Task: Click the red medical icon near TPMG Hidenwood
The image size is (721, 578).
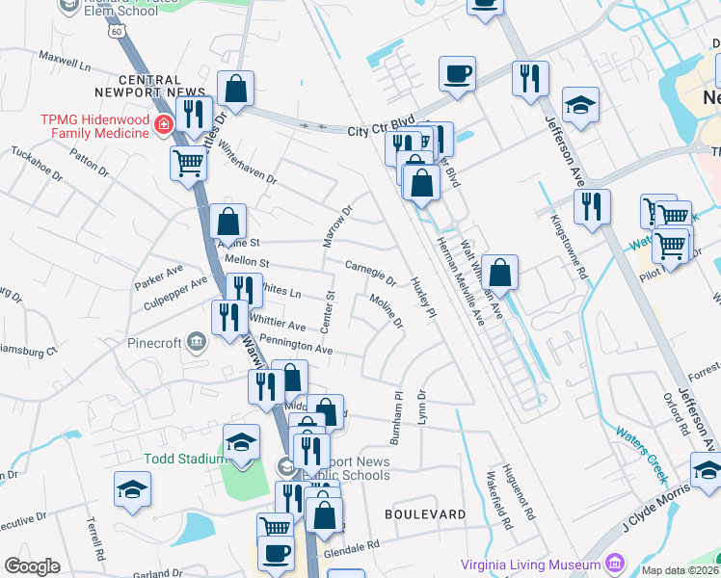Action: [x=163, y=125]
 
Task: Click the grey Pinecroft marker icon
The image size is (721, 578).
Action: [x=197, y=341]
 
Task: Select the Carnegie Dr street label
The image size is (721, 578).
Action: [x=371, y=273]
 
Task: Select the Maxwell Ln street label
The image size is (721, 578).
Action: [x=65, y=63]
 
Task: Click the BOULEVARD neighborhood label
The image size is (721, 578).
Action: [x=425, y=514]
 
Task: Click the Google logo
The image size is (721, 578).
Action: [x=32, y=566]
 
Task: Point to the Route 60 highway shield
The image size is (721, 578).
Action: [x=117, y=32]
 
